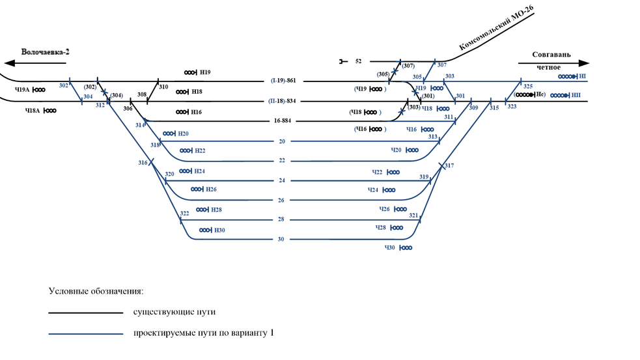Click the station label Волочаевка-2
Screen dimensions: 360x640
44,51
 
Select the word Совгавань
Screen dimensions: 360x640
551,55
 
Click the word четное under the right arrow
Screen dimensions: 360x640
548,67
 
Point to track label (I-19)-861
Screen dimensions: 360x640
284,81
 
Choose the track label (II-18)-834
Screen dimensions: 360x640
283,101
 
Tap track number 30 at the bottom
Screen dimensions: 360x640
281,240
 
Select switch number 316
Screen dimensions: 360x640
143,163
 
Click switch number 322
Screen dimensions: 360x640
184,214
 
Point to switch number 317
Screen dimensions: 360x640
449,165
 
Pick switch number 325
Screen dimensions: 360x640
527,87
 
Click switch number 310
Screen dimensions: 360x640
163,87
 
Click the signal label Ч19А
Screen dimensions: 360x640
23,90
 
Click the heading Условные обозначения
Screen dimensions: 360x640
95,290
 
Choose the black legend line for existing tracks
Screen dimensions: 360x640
85,313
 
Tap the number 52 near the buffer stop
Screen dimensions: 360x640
358,61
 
